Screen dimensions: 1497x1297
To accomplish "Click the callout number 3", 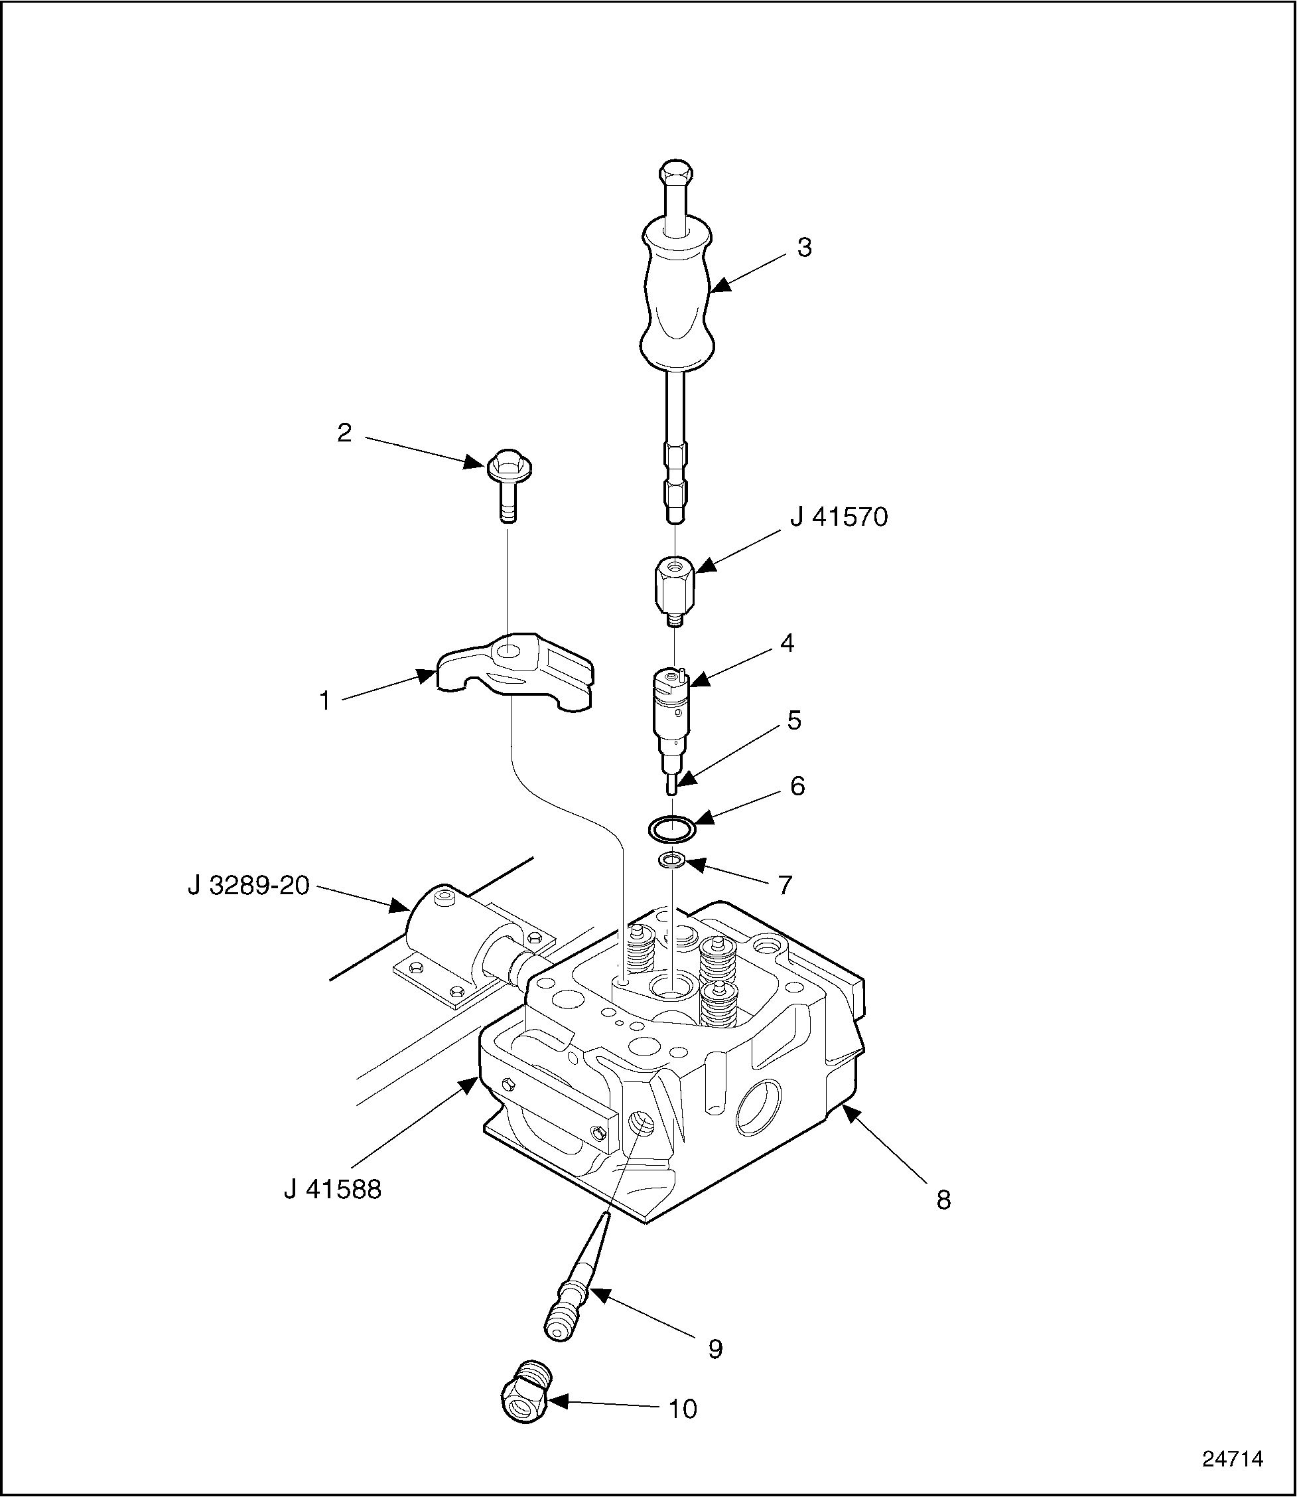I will tap(804, 247).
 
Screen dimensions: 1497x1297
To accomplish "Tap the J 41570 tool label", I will tap(839, 517).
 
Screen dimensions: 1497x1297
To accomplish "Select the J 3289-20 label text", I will tap(248, 885).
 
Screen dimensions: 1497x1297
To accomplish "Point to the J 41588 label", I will tap(332, 1189).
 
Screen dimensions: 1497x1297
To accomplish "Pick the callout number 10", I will tap(682, 1409).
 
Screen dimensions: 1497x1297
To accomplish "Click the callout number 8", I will tap(943, 1200).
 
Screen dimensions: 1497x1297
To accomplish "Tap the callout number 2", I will tap(344, 432).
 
